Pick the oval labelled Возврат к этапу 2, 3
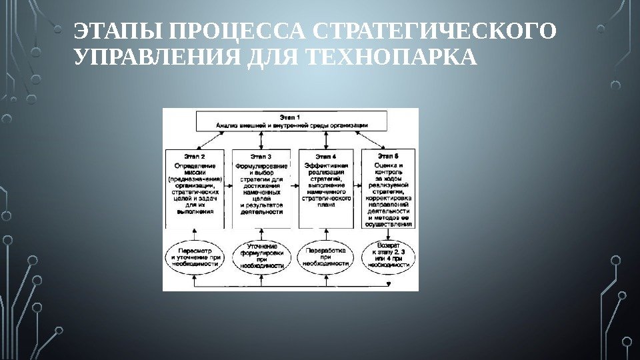(x=388, y=255)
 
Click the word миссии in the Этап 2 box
(x=195, y=172)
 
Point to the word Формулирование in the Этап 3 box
(x=261, y=165)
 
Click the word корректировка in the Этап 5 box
(x=389, y=198)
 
